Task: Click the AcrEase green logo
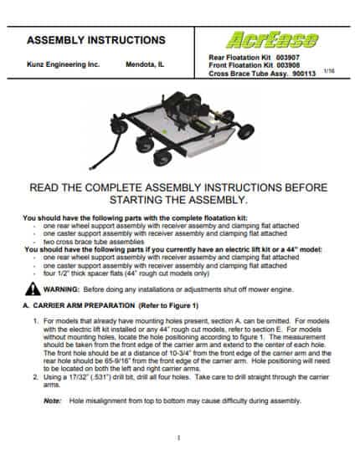point(272,40)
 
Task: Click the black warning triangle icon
point(33,289)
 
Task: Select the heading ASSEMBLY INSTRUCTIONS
point(96,40)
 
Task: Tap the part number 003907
point(287,57)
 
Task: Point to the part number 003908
point(288,65)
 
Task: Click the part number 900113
point(304,74)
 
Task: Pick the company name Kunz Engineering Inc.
point(64,64)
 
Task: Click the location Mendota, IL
point(145,64)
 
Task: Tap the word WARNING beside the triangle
point(61,289)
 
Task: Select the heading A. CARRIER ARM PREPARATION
point(79,305)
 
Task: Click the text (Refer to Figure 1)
point(168,305)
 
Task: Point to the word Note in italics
point(52,401)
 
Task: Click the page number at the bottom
point(178,438)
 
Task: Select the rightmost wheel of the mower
point(245,131)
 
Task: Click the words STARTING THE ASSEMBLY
point(178,200)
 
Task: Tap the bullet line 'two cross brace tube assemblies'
point(94,242)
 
